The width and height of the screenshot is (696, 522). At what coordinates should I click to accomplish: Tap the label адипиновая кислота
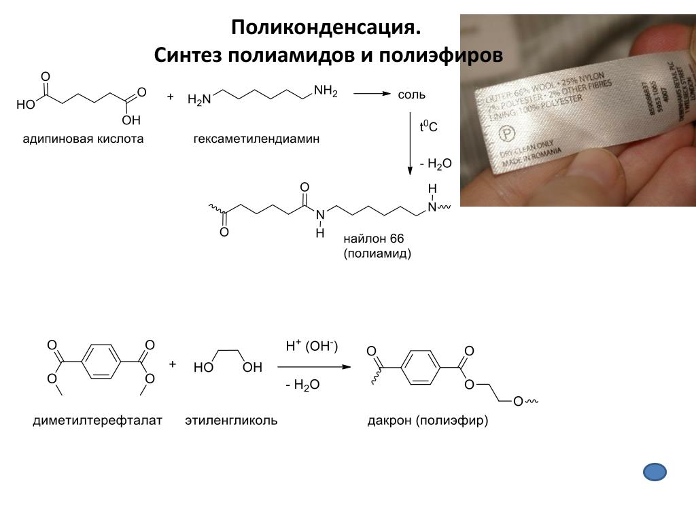(83, 139)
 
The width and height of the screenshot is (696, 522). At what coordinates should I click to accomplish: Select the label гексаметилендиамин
(256, 139)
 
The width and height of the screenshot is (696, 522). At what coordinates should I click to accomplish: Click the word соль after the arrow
(412, 94)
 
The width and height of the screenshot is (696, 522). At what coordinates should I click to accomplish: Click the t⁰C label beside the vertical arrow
(428, 127)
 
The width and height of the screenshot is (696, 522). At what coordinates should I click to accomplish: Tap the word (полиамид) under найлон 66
(377, 254)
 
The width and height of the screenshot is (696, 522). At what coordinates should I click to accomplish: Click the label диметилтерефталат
(98, 421)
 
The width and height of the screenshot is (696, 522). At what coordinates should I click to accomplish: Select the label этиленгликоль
(231, 421)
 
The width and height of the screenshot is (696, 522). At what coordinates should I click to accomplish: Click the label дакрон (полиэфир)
(428, 421)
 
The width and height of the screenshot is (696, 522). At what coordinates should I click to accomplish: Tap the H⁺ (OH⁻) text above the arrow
(311, 347)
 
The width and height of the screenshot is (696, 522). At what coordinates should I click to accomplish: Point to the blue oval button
(654, 472)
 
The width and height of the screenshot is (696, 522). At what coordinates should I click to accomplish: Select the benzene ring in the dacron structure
(421, 367)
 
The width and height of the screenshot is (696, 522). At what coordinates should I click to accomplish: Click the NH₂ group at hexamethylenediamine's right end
(326, 90)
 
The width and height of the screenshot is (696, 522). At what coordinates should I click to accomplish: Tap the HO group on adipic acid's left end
(26, 105)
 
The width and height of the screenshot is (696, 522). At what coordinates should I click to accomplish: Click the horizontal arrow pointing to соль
(370, 94)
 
